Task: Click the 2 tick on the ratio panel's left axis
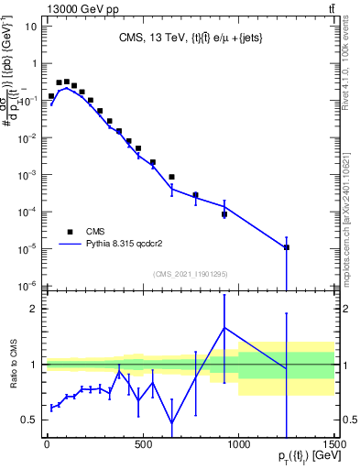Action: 30,309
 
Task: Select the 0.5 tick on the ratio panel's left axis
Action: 26,420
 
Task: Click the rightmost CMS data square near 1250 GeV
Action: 287,247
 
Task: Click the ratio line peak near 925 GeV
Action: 224,327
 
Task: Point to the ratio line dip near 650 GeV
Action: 171,423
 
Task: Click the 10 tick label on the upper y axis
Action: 29,27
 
